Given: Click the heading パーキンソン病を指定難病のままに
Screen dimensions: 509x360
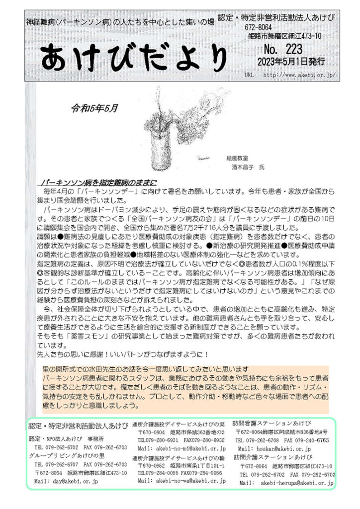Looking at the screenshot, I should pos(99,182).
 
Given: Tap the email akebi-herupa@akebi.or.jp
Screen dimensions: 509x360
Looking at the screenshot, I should pos(292,483).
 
